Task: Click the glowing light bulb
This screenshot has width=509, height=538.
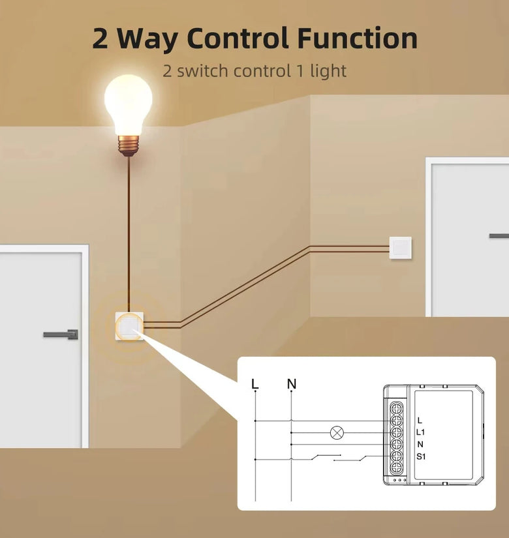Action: [x=129, y=115]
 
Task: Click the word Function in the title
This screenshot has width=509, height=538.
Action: [x=358, y=38]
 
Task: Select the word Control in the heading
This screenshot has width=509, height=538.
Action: [x=238, y=38]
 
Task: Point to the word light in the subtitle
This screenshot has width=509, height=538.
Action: [x=328, y=71]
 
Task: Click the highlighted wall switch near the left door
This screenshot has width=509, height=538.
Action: [x=129, y=326]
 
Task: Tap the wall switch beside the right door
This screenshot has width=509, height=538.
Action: [x=401, y=248]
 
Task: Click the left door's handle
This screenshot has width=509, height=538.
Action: [x=61, y=334]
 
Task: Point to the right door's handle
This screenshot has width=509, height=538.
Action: [x=499, y=235]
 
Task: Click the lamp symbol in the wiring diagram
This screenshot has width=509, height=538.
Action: [x=337, y=432]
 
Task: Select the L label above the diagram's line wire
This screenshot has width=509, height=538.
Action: [x=255, y=383]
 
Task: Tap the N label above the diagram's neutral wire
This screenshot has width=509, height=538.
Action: [x=292, y=383]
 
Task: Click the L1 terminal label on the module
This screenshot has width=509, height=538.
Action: [x=420, y=432]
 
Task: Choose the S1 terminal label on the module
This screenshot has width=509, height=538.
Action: [x=421, y=456]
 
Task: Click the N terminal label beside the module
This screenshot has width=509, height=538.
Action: [x=420, y=444]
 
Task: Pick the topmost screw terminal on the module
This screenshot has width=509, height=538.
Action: [x=396, y=408]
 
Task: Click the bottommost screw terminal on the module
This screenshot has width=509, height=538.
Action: [x=396, y=468]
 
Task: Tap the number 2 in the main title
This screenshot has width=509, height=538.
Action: [x=100, y=38]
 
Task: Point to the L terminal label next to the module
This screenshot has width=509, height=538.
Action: [x=420, y=421]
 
